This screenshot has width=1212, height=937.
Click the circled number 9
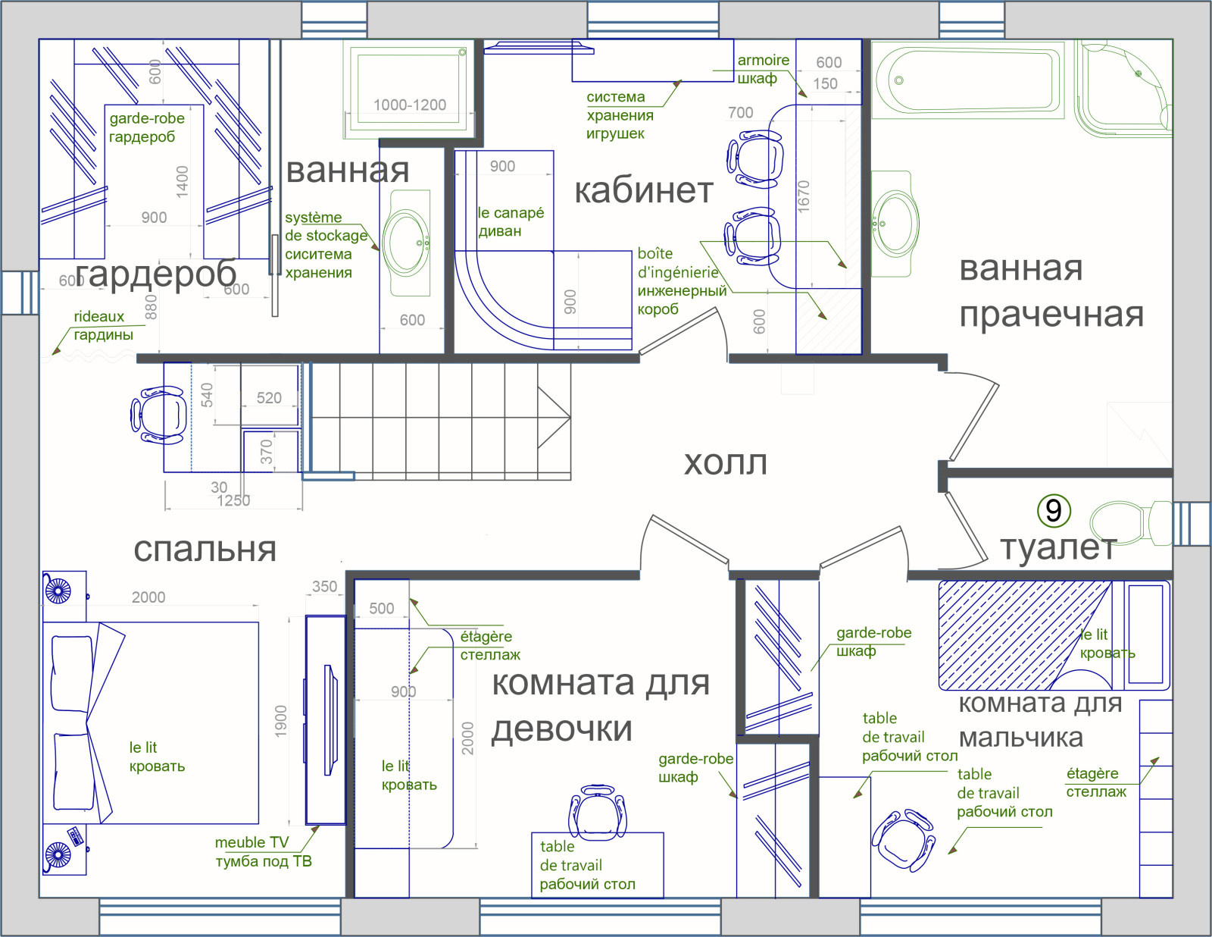[1053, 510]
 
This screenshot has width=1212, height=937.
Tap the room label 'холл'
[725, 462]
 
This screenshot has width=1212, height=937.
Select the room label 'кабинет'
[644, 190]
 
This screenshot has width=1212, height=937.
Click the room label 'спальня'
[205, 549]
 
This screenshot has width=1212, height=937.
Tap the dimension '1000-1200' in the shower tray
[409, 105]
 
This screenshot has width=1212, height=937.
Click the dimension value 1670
[803, 196]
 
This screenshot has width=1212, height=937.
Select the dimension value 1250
[233, 500]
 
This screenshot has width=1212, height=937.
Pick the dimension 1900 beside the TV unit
[280, 722]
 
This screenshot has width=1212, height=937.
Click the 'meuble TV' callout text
[251, 842]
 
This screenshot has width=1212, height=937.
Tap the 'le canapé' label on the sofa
[511, 212]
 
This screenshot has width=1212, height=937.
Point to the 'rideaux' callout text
[98, 316]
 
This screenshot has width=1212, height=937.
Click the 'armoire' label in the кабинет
[763, 60]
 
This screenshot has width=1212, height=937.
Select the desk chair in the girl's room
[598, 813]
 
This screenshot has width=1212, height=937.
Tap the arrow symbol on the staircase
[554, 417]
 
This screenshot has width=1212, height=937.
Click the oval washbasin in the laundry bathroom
[895, 224]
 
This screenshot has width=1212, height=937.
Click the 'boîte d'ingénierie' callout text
[678, 263]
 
